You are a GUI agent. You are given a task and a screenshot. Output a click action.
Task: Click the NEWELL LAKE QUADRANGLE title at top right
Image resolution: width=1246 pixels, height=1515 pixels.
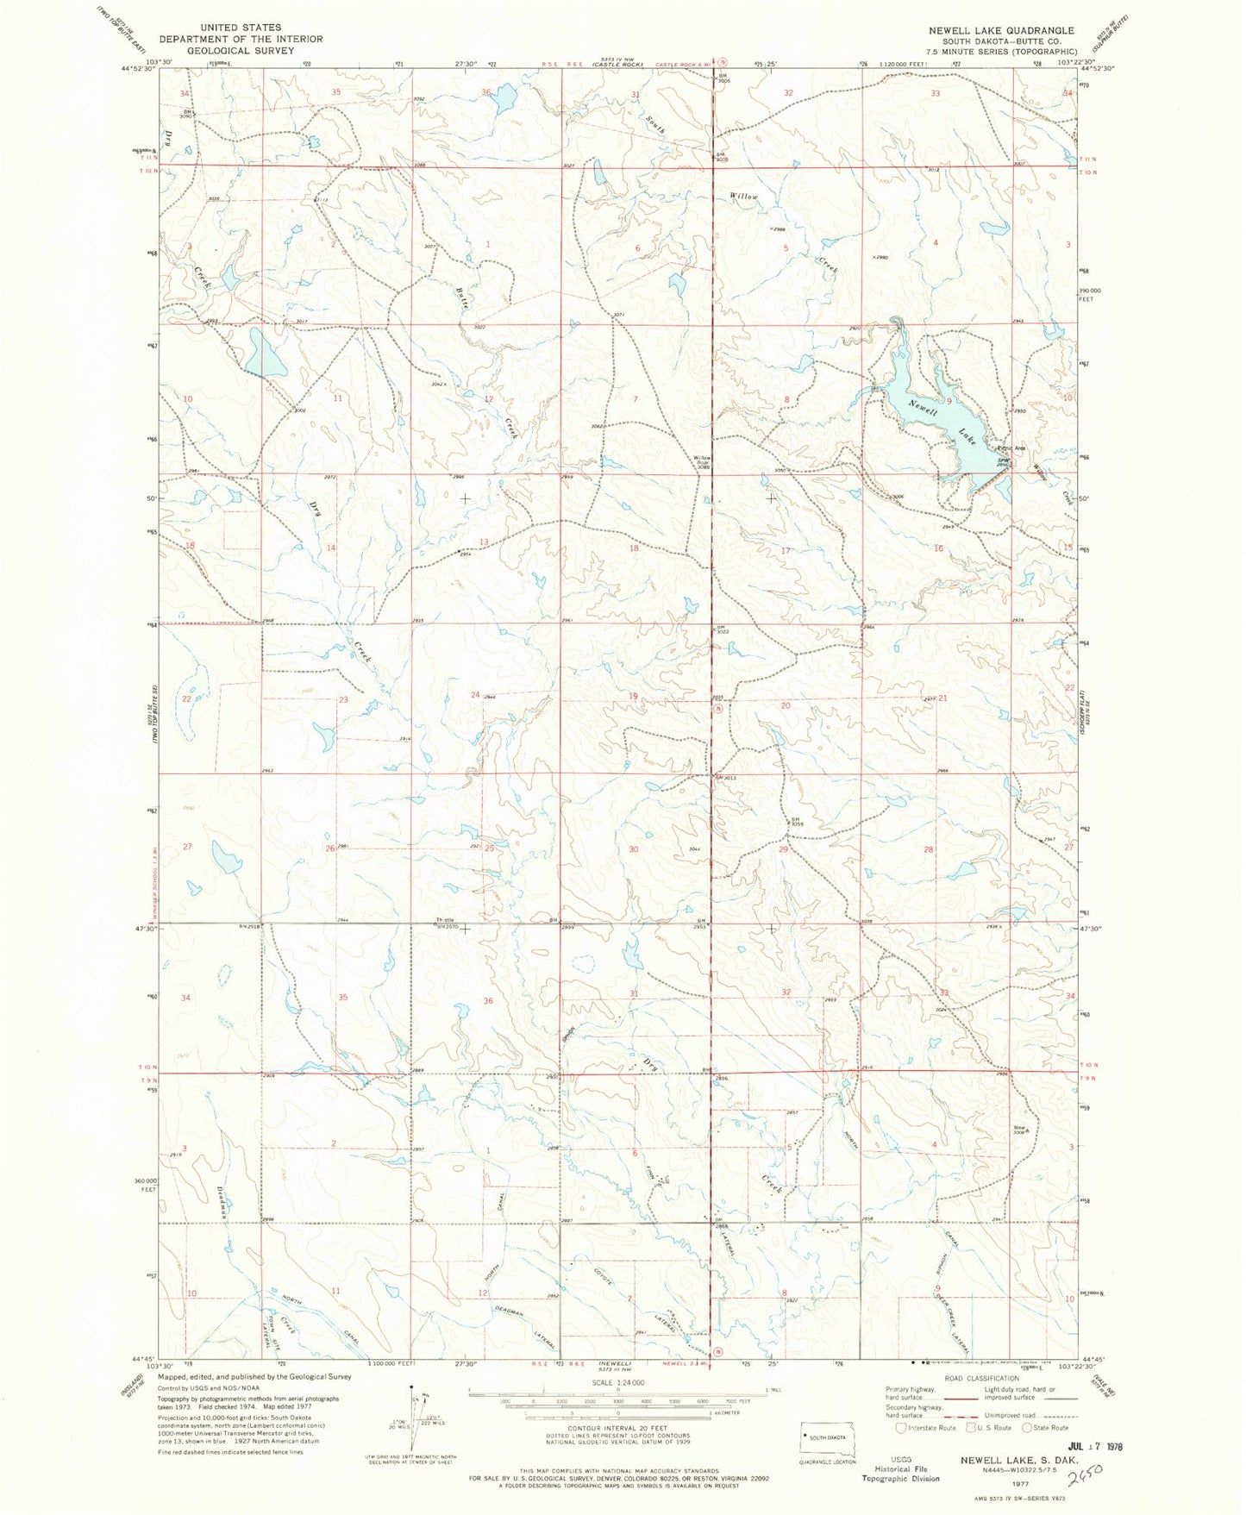(x=1001, y=30)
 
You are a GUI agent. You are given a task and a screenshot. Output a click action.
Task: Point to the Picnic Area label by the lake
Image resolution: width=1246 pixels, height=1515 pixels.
(x=1011, y=448)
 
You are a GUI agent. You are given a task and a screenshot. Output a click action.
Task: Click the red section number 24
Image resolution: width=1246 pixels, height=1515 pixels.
(x=475, y=694)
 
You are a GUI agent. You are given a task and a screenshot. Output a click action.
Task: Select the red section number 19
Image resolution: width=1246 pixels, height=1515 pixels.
(x=633, y=696)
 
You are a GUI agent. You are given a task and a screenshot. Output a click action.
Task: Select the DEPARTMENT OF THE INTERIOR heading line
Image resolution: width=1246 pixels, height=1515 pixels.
(x=241, y=39)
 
